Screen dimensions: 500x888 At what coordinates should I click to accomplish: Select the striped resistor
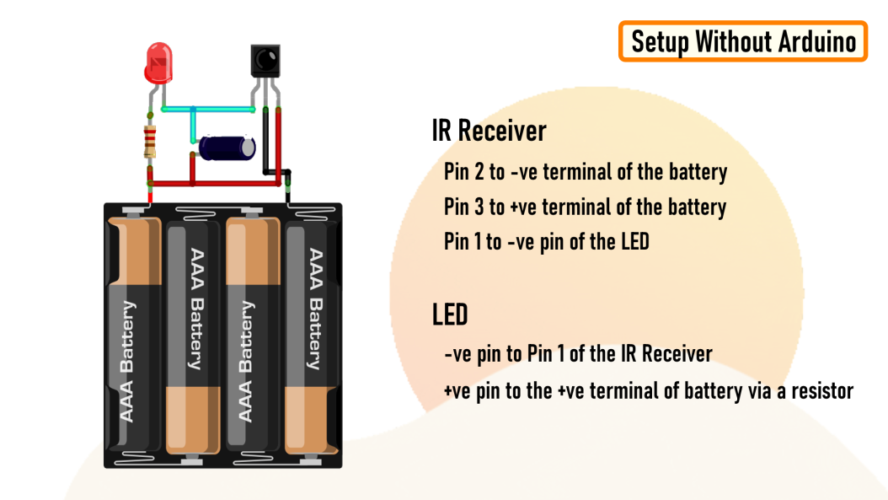150,142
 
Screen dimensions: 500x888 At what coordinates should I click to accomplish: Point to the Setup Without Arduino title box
743,41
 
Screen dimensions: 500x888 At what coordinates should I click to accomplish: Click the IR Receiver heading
489,131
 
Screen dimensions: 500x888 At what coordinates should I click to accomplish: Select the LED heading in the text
450,315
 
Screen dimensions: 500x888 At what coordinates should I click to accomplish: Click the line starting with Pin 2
585,172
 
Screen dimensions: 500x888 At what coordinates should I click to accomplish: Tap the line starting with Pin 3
585,207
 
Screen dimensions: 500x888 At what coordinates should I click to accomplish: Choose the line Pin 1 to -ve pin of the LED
546,241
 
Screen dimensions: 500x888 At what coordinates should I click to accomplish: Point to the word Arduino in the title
815,41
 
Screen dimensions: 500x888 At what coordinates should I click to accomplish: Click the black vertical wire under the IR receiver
270,143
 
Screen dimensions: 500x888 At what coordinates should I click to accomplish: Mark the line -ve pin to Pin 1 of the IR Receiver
578,353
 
